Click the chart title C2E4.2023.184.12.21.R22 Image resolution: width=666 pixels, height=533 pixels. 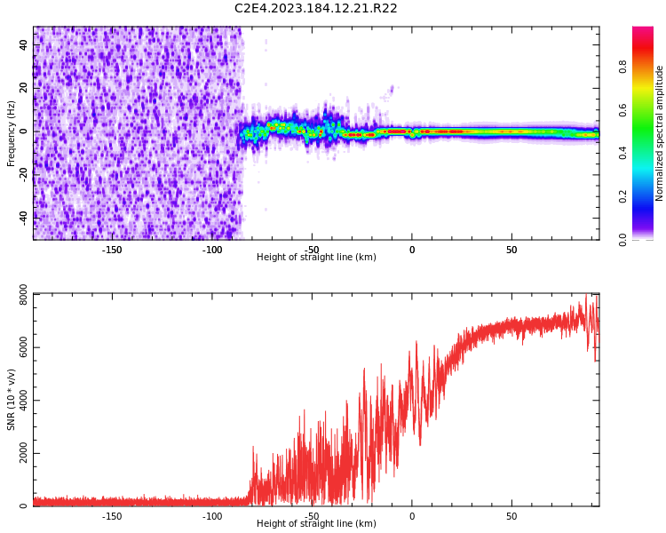315,9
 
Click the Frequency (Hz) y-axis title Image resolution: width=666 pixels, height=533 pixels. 12,133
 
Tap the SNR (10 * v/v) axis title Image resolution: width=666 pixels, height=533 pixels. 12,400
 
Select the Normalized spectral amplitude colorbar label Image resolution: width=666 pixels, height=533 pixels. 660,133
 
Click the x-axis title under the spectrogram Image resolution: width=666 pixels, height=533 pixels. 316,258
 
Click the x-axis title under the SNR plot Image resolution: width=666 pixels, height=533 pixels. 316,524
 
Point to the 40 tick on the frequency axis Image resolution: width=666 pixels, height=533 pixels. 23,46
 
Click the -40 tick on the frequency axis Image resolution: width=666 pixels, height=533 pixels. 21,217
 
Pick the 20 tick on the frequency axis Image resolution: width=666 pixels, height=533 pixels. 23,89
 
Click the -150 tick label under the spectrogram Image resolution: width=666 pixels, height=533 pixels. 112,250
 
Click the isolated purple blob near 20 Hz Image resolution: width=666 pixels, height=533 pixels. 391,89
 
